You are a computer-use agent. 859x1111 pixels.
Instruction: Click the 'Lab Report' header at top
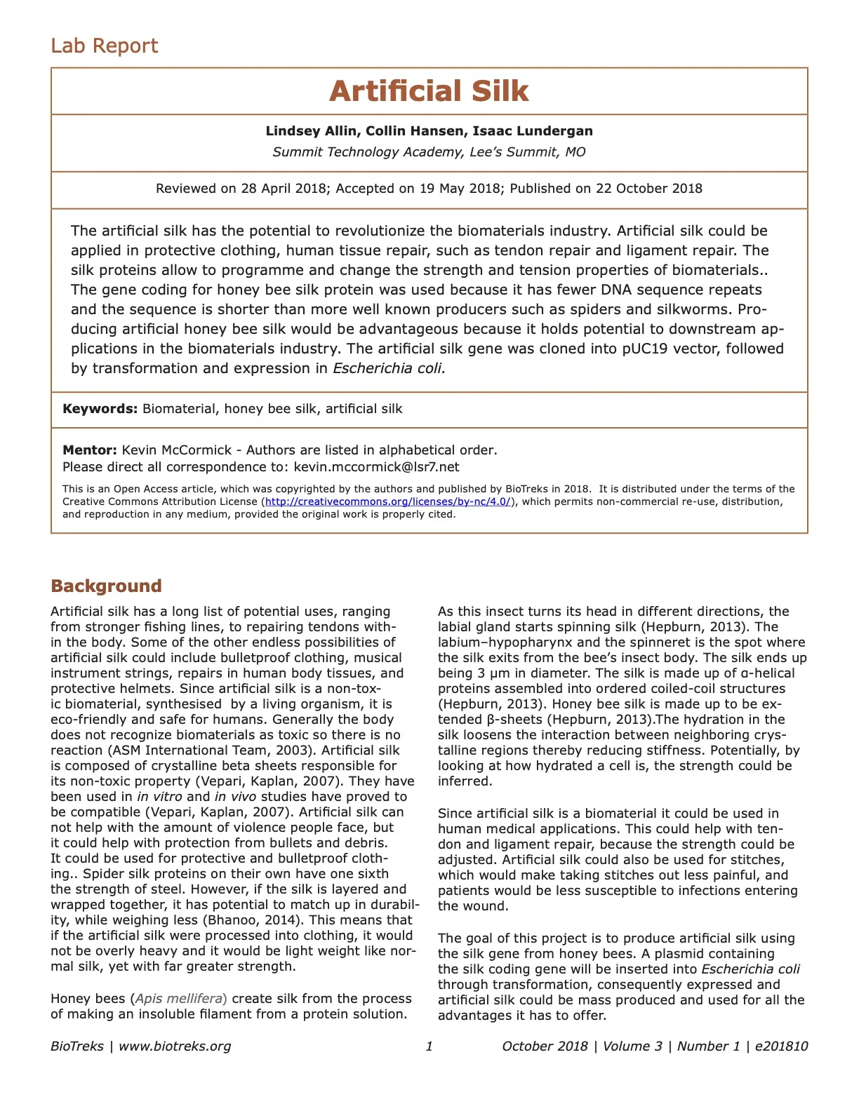(x=105, y=46)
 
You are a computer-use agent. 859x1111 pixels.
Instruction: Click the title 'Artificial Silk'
(x=429, y=91)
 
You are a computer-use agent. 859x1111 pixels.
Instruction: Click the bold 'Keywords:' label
(x=100, y=409)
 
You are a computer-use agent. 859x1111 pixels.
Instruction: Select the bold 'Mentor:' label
(x=90, y=450)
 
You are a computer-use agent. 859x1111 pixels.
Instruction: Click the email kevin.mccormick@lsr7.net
(x=376, y=467)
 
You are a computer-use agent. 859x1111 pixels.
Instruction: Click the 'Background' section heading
(x=106, y=586)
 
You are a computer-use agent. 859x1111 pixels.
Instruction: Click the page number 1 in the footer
(x=429, y=1046)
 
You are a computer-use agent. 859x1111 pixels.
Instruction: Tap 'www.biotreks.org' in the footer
(x=175, y=1046)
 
